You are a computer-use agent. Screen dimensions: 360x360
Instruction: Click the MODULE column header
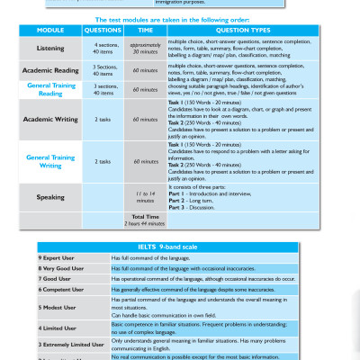click(51, 28)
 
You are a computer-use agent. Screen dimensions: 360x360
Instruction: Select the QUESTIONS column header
click(103, 28)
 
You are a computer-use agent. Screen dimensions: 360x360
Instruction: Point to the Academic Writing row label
click(51, 118)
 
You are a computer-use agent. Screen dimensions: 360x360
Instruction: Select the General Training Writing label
click(51, 161)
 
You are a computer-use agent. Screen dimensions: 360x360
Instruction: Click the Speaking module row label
click(51, 194)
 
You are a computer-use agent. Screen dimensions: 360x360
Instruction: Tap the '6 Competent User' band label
click(60, 291)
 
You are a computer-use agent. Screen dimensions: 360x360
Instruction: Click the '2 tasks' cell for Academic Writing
click(103, 118)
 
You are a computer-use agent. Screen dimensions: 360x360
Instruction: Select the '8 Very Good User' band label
click(61, 269)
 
